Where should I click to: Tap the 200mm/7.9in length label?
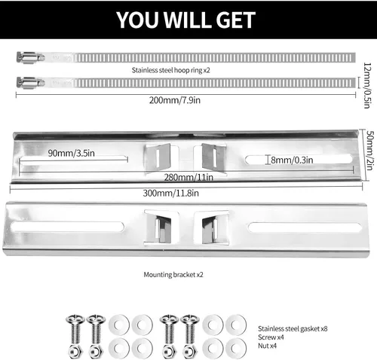click(x=175, y=100)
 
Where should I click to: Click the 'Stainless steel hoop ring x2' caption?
click(x=171, y=70)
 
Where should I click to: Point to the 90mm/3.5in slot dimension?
click(x=72, y=153)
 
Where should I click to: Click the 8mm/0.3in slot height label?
click(x=292, y=160)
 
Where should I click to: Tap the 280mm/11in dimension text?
click(x=188, y=178)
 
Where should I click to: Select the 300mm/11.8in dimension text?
click(x=171, y=193)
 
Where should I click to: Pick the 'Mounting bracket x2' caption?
click(x=173, y=275)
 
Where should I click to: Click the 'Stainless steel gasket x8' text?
click(x=293, y=328)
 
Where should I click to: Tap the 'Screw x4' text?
click(x=271, y=337)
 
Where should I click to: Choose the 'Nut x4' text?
click(x=267, y=346)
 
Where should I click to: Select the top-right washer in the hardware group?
click(x=236, y=325)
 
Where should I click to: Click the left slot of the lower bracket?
click(x=67, y=227)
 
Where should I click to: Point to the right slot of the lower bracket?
click(x=305, y=227)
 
